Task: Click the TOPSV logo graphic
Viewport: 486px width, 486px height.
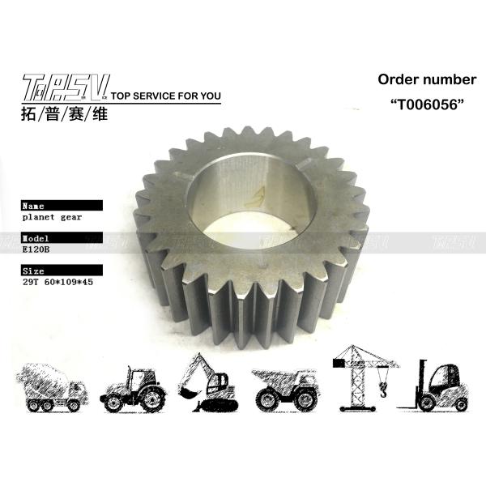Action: tap(66, 87)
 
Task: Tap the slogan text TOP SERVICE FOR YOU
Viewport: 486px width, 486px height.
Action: tap(166, 96)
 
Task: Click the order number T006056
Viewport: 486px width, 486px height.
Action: tap(427, 104)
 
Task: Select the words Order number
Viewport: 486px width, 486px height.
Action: tap(427, 79)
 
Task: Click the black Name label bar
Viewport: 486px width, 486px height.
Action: tap(62, 206)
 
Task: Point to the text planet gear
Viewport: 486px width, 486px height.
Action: tap(52, 217)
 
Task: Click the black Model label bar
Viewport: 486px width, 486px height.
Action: tap(62, 237)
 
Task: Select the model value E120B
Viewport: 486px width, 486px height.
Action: tap(36, 249)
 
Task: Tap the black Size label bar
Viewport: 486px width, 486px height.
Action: tap(62, 271)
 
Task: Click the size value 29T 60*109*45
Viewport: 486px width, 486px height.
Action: tap(58, 282)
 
